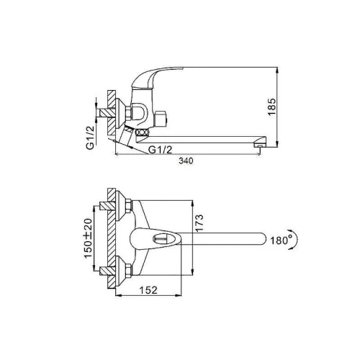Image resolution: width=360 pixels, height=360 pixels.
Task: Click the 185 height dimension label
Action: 272,107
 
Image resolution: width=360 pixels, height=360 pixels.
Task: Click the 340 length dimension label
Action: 186,161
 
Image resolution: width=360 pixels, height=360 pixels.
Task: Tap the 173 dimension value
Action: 199,223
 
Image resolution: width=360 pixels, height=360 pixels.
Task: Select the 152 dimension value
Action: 148,290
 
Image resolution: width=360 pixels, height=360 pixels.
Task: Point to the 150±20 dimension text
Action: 89,238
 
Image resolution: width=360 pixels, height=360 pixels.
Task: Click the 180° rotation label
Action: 282,240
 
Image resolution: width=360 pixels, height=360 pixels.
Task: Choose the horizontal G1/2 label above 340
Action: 161,150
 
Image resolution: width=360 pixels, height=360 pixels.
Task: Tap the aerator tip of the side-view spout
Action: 258,145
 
